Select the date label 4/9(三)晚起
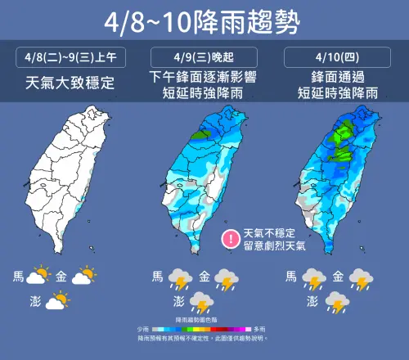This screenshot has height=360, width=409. click(204, 58)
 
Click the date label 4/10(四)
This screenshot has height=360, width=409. click(338, 58)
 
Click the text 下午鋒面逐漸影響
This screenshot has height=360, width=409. click(204, 78)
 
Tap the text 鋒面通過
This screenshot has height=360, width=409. click(338, 78)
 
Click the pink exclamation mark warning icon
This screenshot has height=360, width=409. click(232, 239)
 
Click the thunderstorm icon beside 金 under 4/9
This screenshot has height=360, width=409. click(225, 281)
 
